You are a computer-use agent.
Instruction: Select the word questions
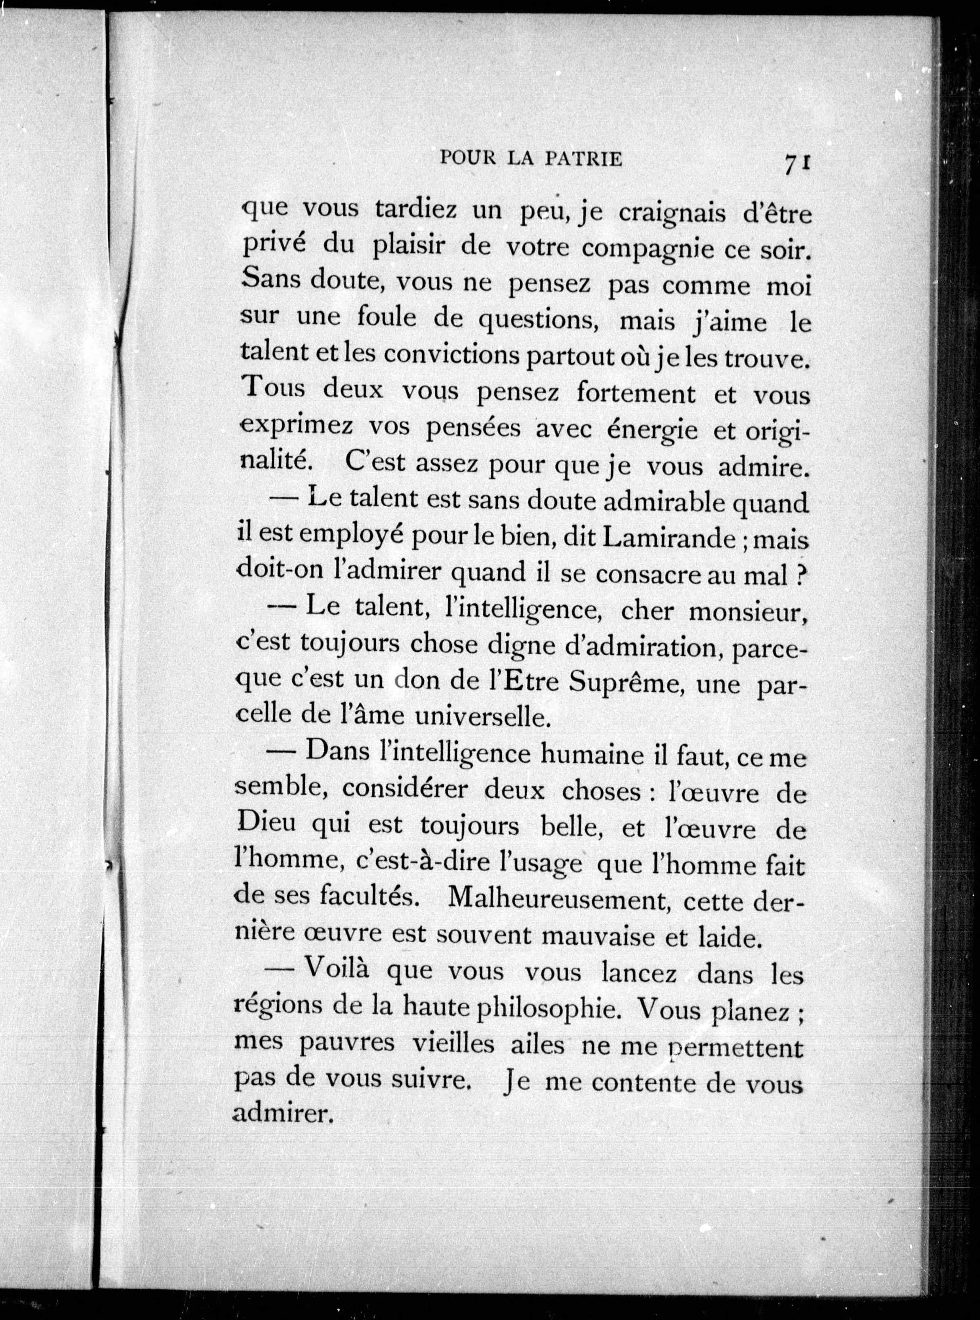point(537,321)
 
